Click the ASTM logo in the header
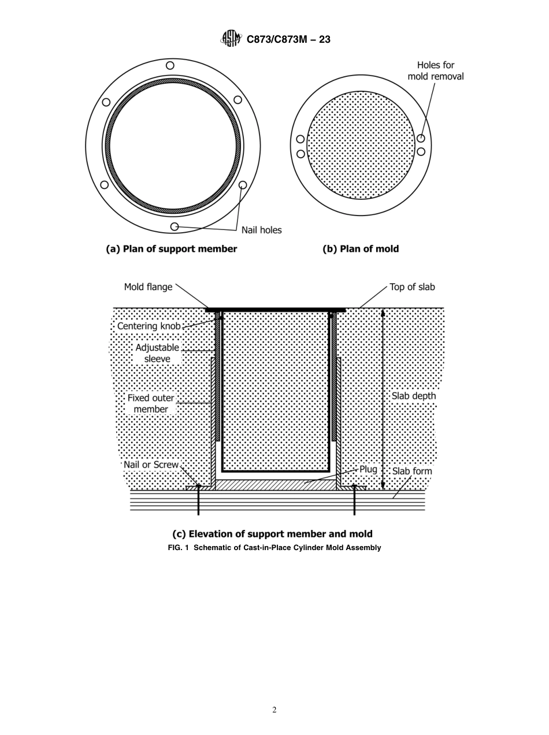click(231, 39)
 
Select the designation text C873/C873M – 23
click(288, 40)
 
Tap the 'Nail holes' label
click(261, 230)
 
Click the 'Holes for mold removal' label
click(435, 70)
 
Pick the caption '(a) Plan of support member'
click(171, 249)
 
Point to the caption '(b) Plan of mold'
click(360, 249)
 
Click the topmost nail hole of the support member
click(170, 66)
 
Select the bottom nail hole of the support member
click(175, 226)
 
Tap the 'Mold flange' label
click(148, 287)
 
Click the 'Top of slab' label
click(412, 287)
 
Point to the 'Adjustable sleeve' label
click(157, 353)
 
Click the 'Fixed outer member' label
click(151, 403)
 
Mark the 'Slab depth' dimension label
click(414, 396)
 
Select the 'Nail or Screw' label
click(151, 465)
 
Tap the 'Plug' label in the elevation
click(368, 469)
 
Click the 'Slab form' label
click(412, 472)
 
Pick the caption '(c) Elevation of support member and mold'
click(272, 534)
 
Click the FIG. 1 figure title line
click(274, 547)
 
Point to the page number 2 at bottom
click(274, 710)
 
